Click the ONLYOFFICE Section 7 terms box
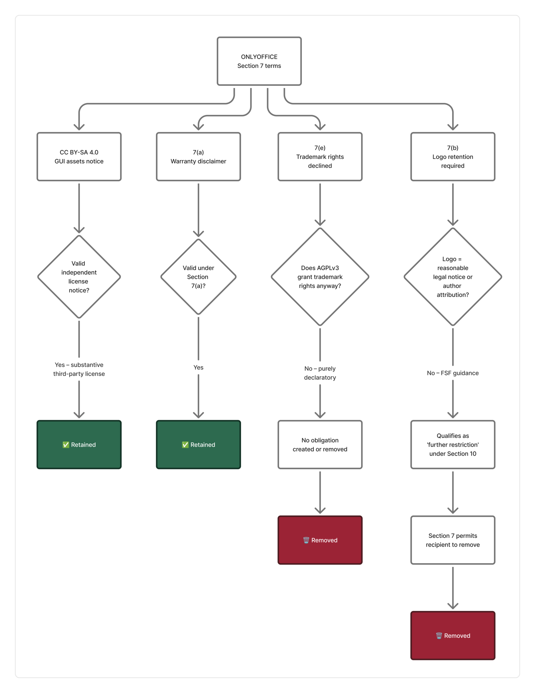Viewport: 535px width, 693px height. pos(259,61)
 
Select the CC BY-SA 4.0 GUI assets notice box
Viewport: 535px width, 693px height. pos(79,157)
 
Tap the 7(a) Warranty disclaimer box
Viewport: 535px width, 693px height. pos(198,157)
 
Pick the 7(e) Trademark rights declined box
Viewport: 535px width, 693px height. pos(320,157)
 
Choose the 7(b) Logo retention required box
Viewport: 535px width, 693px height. pos(452,157)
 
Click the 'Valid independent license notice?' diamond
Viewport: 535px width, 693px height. pos(79,277)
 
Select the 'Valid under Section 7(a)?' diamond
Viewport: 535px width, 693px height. pos(198,277)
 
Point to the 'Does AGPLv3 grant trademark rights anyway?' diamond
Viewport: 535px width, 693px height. pos(320,277)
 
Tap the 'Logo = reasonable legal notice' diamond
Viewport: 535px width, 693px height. pos(452,277)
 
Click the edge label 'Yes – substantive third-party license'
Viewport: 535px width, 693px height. pos(79,369)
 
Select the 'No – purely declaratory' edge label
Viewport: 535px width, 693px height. pos(320,373)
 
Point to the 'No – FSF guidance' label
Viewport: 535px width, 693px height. pos(452,373)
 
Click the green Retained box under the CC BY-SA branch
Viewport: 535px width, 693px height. pos(79,444)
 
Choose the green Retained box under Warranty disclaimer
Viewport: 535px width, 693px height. pos(198,444)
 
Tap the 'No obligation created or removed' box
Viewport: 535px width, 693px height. pos(320,444)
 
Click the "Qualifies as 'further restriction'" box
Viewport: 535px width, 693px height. pos(452,444)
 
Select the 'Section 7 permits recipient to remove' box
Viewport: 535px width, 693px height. pos(452,540)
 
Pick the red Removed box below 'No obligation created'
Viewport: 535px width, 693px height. pos(320,540)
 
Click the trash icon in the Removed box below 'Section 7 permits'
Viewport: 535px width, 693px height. pos(439,636)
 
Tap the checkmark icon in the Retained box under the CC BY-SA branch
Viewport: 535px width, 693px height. pos(66,444)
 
